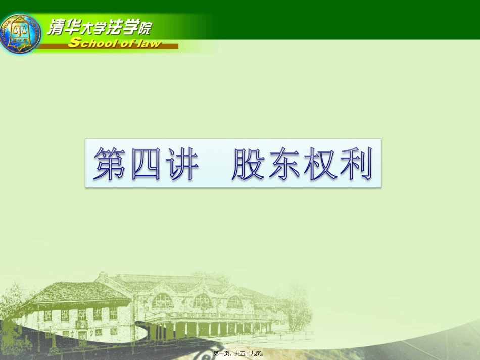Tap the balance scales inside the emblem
[20, 28]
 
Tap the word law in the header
[149, 44]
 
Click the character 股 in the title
[248, 164]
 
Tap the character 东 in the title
[284, 164]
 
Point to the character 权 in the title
[320, 164]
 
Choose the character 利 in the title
[355, 164]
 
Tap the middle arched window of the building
[202, 301]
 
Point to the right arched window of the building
[234, 302]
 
